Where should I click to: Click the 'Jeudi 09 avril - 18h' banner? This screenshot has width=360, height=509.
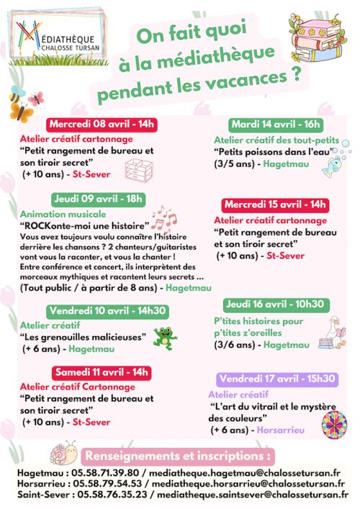pos(99,199)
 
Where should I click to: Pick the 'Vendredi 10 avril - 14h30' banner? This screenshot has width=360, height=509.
pos(108,311)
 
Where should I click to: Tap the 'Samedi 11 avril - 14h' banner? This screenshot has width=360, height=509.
pos(101,372)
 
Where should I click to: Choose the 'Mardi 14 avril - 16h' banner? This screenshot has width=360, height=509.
pos(276,124)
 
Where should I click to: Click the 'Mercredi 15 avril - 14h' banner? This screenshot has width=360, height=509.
pos(275,204)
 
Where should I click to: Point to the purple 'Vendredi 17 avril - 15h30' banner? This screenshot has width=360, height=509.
pos(277,379)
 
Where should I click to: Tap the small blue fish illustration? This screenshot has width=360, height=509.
pos(331,167)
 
